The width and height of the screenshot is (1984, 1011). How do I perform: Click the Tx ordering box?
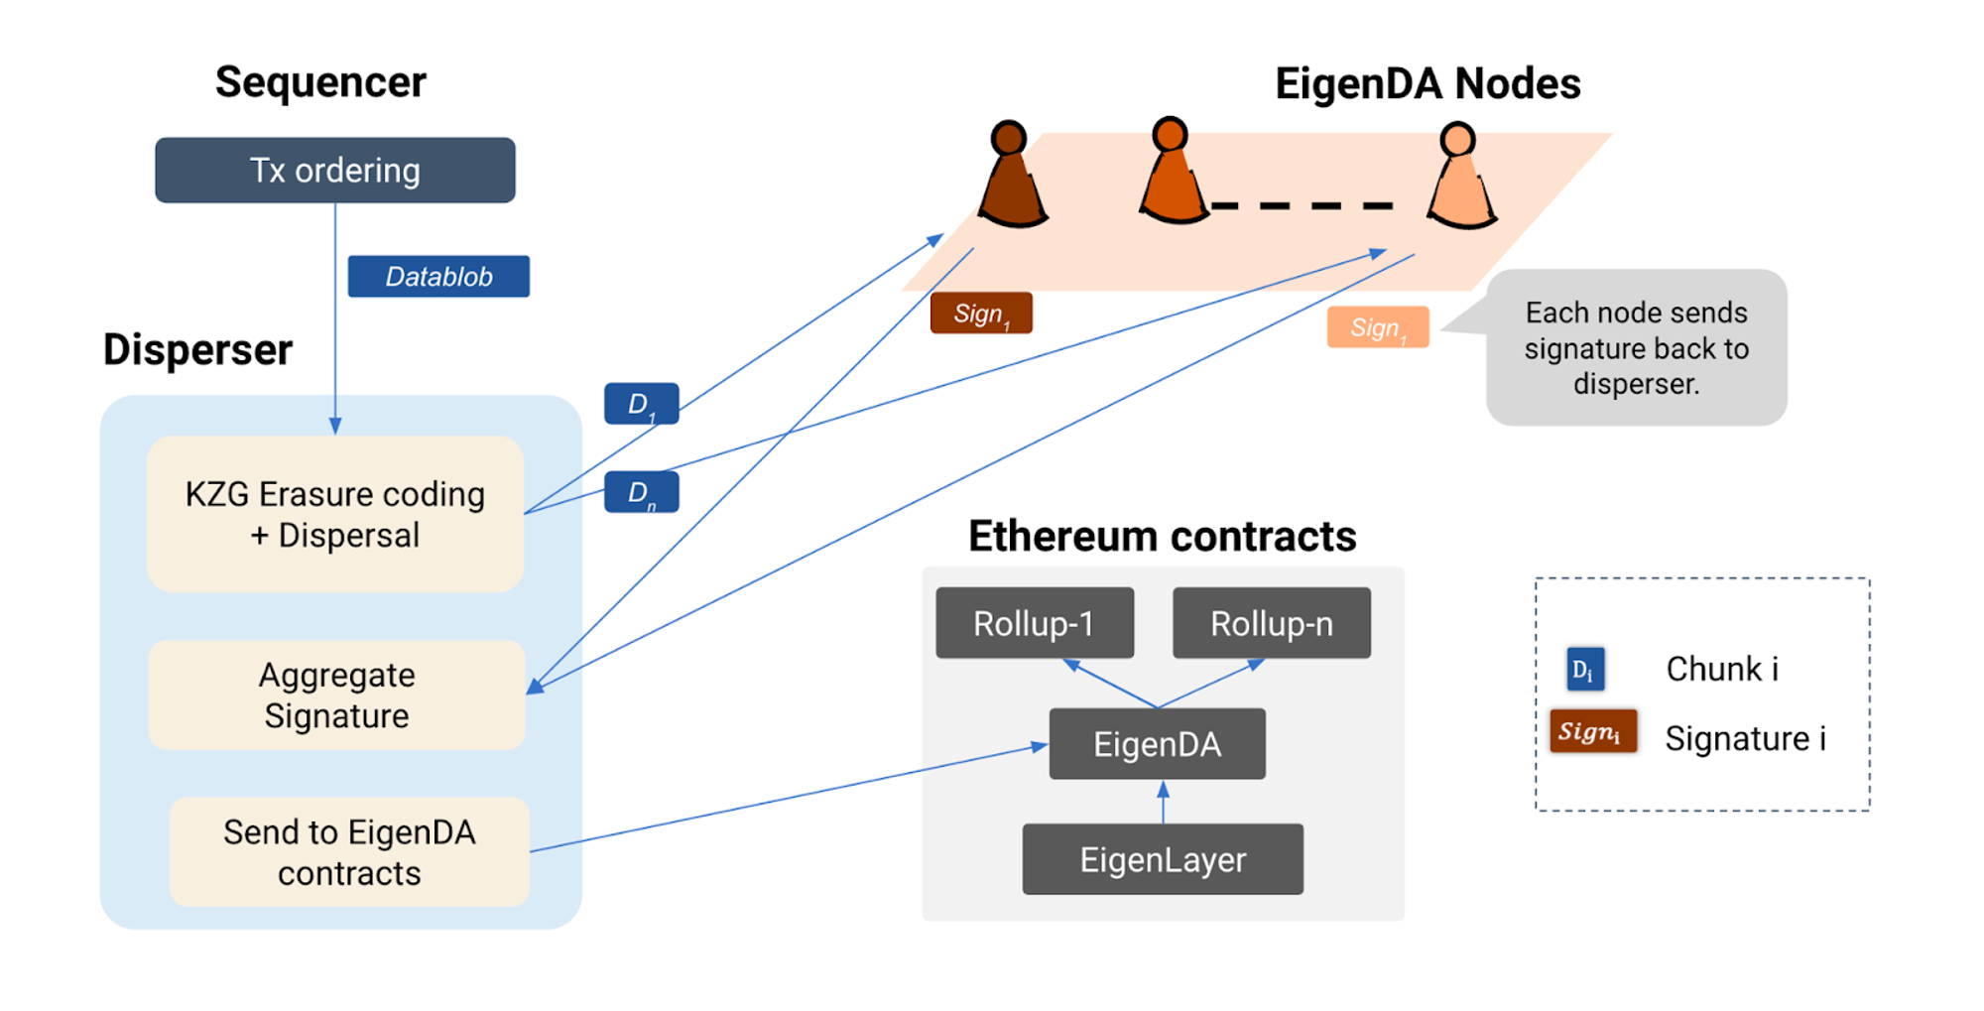[x=334, y=171]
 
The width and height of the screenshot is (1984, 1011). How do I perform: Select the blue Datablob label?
[x=438, y=277]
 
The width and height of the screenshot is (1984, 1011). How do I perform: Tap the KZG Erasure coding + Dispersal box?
[x=334, y=514]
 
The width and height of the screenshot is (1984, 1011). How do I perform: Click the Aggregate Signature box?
[x=336, y=695]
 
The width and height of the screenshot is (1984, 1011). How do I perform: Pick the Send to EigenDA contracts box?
[x=349, y=852]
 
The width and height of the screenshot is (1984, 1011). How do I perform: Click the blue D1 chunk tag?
[x=641, y=404]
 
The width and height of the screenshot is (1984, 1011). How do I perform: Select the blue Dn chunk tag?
[x=641, y=492]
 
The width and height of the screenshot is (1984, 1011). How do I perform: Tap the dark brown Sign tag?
[x=980, y=314]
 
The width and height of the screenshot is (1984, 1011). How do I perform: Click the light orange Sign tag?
[x=1377, y=327]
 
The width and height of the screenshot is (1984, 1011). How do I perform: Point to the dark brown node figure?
[x=1011, y=179]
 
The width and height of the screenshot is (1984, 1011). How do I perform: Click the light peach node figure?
[x=1460, y=179]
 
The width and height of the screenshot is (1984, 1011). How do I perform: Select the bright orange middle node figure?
[x=1173, y=174]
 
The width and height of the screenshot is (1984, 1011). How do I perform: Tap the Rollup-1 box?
[x=1034, y=624]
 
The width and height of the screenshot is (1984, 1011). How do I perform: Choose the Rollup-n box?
[x=1271, y=624]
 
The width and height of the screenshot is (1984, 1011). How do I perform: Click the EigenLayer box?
[x=1163, y=859]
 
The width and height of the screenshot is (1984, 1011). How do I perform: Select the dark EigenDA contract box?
[x=1157, y=744]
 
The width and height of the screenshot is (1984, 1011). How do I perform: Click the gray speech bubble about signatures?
[x=1636, y=348]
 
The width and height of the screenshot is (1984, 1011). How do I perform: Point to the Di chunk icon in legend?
[x=1584, y=669]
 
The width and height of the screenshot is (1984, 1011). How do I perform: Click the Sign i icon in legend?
[x=1592, y=732]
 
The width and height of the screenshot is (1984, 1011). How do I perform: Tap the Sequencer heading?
[x=320, y=82]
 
